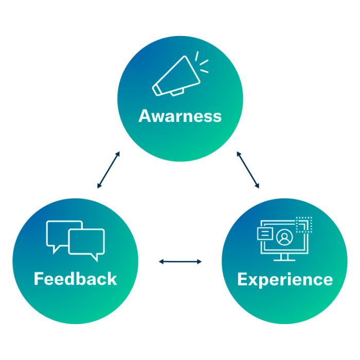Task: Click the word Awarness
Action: (180, 116)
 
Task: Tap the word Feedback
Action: (75, 279)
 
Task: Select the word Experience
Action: (285, 279)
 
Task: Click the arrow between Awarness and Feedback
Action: (109, 170)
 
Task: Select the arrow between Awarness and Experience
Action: (248, 170)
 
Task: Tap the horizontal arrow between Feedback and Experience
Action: (180, 262)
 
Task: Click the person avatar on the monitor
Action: (283, 238)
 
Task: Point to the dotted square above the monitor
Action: (304, 225)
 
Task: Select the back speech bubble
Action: (63, 232)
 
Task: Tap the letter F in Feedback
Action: (38, 279)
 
